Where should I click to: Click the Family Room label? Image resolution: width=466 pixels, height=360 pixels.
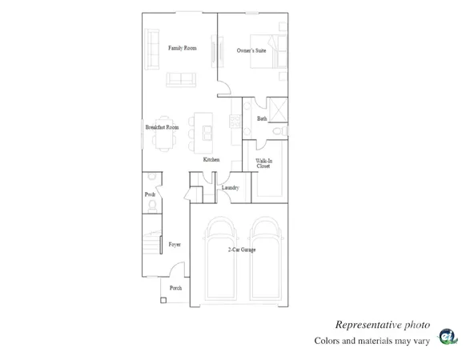click(182, 48)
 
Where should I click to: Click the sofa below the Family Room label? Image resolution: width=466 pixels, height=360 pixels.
click(182, 79)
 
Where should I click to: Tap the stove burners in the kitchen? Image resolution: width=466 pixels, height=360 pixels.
click(235, 121)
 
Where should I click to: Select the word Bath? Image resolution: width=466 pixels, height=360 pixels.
click(262, 119)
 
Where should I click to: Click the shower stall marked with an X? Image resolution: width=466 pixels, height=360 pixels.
click(277, 110)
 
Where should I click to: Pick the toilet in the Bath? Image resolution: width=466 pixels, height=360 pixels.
click(277, 130)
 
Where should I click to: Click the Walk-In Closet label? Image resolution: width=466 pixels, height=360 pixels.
click(263, 164)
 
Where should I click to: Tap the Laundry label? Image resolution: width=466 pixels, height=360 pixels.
click(231, 188)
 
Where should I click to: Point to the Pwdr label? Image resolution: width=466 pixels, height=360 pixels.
click(150, 194)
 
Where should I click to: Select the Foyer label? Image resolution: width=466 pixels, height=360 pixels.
click(174, 244)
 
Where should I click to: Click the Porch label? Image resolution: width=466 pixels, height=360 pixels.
click(175, 287)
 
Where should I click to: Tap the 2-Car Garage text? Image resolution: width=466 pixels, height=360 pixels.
click(242, 250)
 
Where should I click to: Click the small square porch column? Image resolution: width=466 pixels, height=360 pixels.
click(163, 301)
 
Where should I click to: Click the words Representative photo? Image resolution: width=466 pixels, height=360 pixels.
click(381, 325)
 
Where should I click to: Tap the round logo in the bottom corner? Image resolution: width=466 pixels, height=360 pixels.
click(448, 337)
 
